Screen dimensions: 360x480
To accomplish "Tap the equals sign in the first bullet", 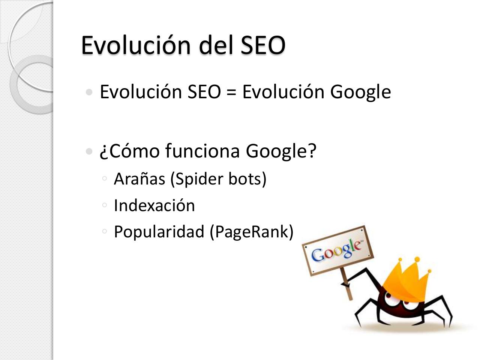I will click(x=231, y=92).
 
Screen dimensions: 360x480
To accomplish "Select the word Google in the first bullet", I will click(x=360, y=92).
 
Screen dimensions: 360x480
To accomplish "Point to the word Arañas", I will click(x=139, y=179).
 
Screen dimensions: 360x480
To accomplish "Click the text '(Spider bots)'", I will click(x=218, y=179).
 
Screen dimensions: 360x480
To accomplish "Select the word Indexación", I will click(x=154, y=205).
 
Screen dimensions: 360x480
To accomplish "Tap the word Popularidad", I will click(x=159, y=232).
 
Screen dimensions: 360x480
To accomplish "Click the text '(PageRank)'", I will click(x=251, y=232).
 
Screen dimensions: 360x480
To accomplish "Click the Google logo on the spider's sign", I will click(x=337, y=250).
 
